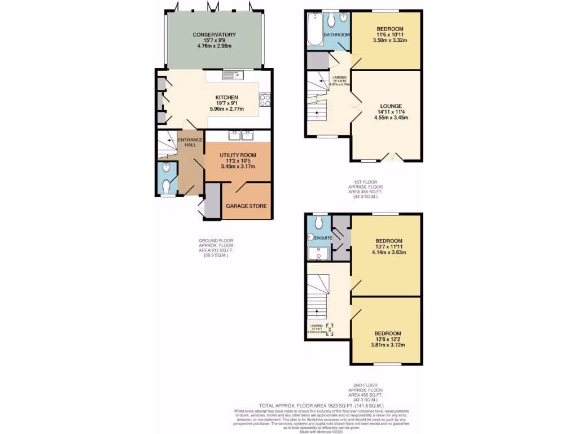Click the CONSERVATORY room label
pos(214,34)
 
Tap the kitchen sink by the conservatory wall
pos(231,75)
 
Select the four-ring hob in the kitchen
pos(264,100)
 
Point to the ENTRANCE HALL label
pos(187,142)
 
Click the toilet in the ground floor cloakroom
pos(165,167)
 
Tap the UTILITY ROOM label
pos(238,155)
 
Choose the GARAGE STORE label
pos(247,206)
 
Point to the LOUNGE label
pos(391,106)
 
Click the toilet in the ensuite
pos(317,223)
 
